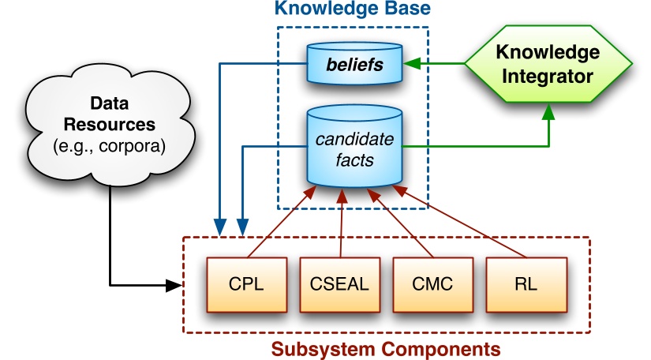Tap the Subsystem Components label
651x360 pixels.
[386, 348]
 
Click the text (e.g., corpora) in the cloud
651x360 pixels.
[110, 144]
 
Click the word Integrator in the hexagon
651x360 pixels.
[547, 77]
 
